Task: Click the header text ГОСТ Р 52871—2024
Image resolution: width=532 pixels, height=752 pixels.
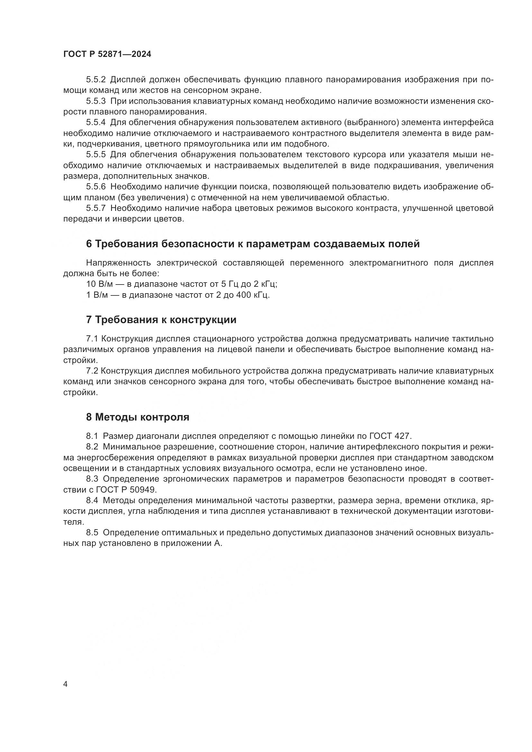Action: click(107, 54)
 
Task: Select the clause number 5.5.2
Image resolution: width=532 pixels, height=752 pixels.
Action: click(96, 80)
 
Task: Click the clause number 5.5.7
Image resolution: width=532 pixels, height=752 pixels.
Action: click(96, 208)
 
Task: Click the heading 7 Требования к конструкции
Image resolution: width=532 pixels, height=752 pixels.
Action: click(161, 320)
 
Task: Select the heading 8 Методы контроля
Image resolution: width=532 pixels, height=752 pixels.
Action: click(138, 417)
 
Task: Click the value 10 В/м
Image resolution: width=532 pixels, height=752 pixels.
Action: click(96, 284)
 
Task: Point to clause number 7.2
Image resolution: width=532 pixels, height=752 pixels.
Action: click(92, 371)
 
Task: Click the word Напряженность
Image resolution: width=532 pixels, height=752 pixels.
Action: click(118, 263)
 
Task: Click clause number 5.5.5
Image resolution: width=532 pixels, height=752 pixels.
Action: click(96, 155)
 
